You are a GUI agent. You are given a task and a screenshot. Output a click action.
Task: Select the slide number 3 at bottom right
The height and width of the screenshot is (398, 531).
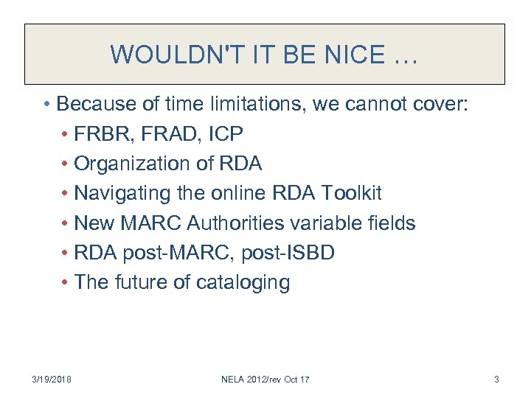coord(496,379)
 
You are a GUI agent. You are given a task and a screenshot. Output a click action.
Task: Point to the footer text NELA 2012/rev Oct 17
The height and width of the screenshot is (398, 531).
coord(265,379)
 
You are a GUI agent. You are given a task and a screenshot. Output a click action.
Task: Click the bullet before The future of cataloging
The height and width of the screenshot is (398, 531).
coord(66,282)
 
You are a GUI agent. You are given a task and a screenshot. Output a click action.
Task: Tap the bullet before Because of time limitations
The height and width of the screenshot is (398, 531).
coord(46,104)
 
